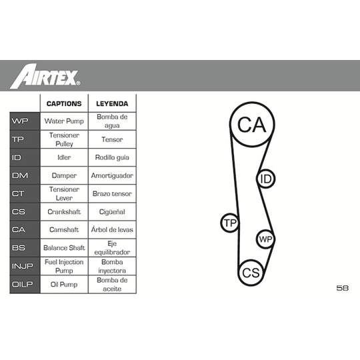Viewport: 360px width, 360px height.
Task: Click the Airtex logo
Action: tap(45, 76)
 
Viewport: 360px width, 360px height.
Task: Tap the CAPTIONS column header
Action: tap(64, 103)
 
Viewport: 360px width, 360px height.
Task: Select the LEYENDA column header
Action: tap(112, 103)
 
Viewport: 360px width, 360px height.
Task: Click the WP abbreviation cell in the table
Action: tap(25, 121)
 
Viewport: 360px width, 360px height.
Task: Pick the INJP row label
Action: tap(25, 266)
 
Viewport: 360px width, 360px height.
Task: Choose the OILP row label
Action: tap(25, 284)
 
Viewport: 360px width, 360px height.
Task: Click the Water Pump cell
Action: tap(64, 121)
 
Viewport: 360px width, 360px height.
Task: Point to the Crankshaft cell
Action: tap(64, 212)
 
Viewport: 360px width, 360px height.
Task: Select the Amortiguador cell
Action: tap(112, 175)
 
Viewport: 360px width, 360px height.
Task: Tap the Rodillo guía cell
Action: tap(112, 157)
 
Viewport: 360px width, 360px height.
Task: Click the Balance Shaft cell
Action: tap(64, 248)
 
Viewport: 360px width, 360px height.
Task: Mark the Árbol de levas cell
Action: tap(112, 229)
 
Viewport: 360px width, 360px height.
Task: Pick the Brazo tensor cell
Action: tap(112, 194)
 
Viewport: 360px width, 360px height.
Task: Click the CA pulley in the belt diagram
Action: tap(252, 124)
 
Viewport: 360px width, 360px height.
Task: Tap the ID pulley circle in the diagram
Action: tap(265, 179)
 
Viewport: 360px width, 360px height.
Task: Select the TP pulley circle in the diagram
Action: tap(230, 223)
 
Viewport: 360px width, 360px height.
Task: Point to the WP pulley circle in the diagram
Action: tap(265, 239)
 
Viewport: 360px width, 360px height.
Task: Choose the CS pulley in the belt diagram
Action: tap(251, 273)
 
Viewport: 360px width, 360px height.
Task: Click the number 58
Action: tap(342, 288)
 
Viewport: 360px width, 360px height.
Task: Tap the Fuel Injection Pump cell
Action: tap(64, 266)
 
